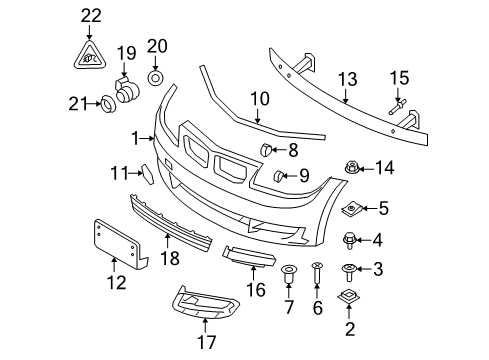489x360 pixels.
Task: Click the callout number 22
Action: tap(91, 15)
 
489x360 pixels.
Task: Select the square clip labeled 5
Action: tap(352, 208)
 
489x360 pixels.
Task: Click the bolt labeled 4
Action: tap(349, 239)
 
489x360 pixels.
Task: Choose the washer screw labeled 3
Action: tap(351, 268)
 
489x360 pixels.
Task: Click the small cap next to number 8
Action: tap(268, 150)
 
